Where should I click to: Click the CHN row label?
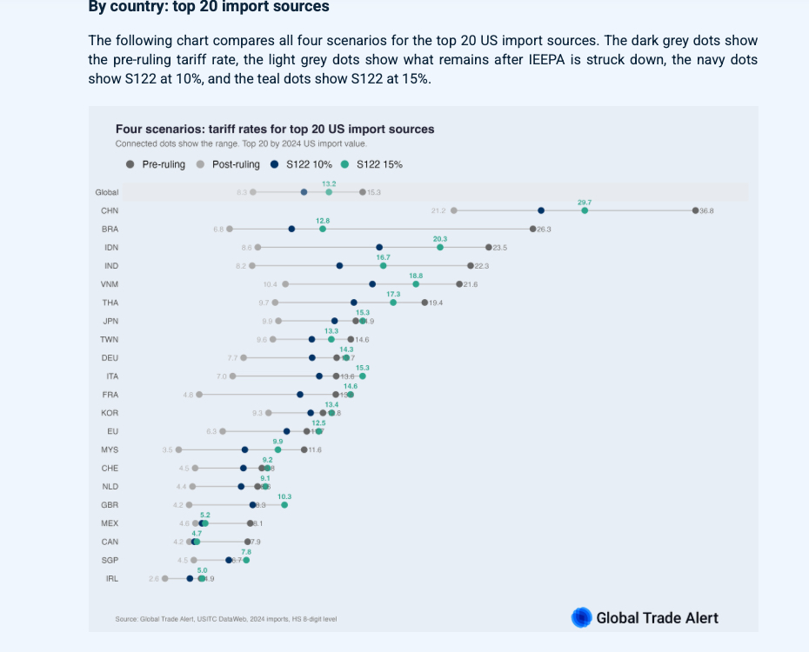point(110,210)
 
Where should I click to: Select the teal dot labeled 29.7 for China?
point(585,210)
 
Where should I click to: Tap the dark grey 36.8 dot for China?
point(695,210)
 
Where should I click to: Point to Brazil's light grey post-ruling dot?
point(230,229)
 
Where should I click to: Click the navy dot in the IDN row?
point(379,247)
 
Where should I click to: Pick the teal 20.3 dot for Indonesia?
point(440,247)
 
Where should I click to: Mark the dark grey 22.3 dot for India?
point(471,265)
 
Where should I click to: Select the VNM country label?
point(110,284)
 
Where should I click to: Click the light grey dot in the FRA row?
point(199,395)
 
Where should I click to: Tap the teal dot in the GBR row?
point(284,505)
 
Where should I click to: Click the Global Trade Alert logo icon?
point(581,618)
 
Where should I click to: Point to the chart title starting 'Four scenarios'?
point(275,130)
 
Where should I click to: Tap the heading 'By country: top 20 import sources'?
point(209,7)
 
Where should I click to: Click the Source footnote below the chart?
point(226,619)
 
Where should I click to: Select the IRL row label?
point(111,579)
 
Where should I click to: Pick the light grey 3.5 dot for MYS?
point(178,449)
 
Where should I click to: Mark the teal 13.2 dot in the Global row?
point(329,192)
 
